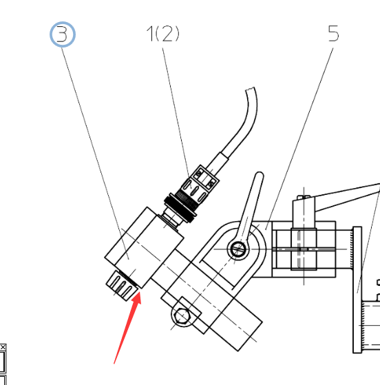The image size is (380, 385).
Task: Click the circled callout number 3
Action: [x=63, y=34]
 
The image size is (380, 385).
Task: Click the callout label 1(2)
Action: [x=162, y=34]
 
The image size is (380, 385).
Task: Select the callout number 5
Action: [x=333, y=33]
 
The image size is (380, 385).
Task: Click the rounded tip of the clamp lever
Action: [x=260, y=175]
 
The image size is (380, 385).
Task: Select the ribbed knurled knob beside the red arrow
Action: [x=122, y=285]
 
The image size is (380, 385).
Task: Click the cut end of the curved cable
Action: [x=250, y=90]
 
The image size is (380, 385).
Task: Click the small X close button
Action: [x=3, y=347]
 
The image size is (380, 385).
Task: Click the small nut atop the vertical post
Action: [x=304, y=197]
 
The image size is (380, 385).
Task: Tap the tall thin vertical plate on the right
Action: [x=357, y=290]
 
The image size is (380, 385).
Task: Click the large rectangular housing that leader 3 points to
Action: [x=144, y=247]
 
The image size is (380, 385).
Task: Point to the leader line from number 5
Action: [x=299, y=139]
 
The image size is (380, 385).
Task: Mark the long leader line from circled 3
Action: [x=95, y=154]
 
